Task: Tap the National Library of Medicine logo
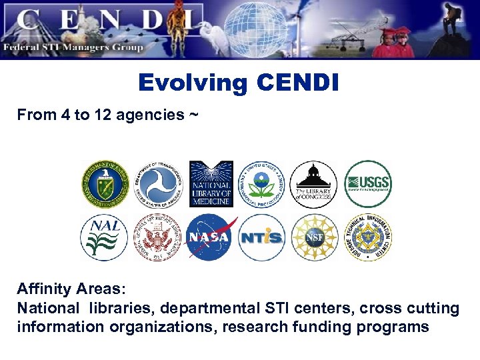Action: [211, 184]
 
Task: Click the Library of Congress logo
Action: [313, 185]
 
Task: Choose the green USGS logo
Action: [367, 184]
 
